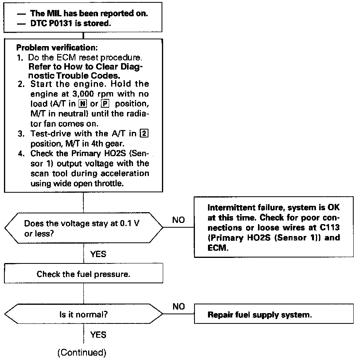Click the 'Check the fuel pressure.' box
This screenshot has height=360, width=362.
84,274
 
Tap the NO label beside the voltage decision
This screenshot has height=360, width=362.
179,220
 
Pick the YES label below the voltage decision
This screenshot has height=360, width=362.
98,254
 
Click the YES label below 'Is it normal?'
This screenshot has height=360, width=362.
98,335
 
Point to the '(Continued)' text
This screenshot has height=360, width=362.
82,352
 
